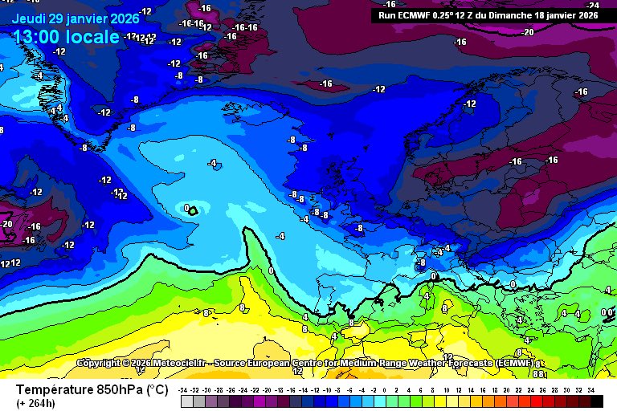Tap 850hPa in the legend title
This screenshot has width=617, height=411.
point(117,389)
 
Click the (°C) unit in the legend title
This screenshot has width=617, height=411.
point(156,389)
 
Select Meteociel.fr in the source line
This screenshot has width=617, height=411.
point(173,363)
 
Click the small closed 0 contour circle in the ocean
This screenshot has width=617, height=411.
point(193,210)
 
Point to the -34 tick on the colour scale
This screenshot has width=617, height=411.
point(184,390)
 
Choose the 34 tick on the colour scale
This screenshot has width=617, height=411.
point(590,390)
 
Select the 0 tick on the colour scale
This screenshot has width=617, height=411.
point(386,390)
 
